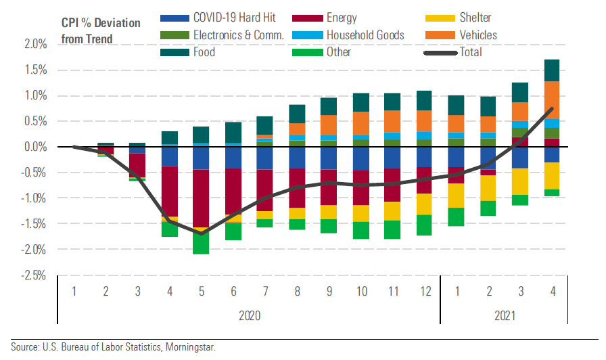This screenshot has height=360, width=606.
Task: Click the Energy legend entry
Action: coord(342,18)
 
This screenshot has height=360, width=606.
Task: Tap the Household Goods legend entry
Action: coord(365,35)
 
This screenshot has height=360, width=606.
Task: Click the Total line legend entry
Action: coord(474,52)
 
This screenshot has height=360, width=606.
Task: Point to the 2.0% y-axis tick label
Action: coord(35,45)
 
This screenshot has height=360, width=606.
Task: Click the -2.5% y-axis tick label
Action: coord(34,275)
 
